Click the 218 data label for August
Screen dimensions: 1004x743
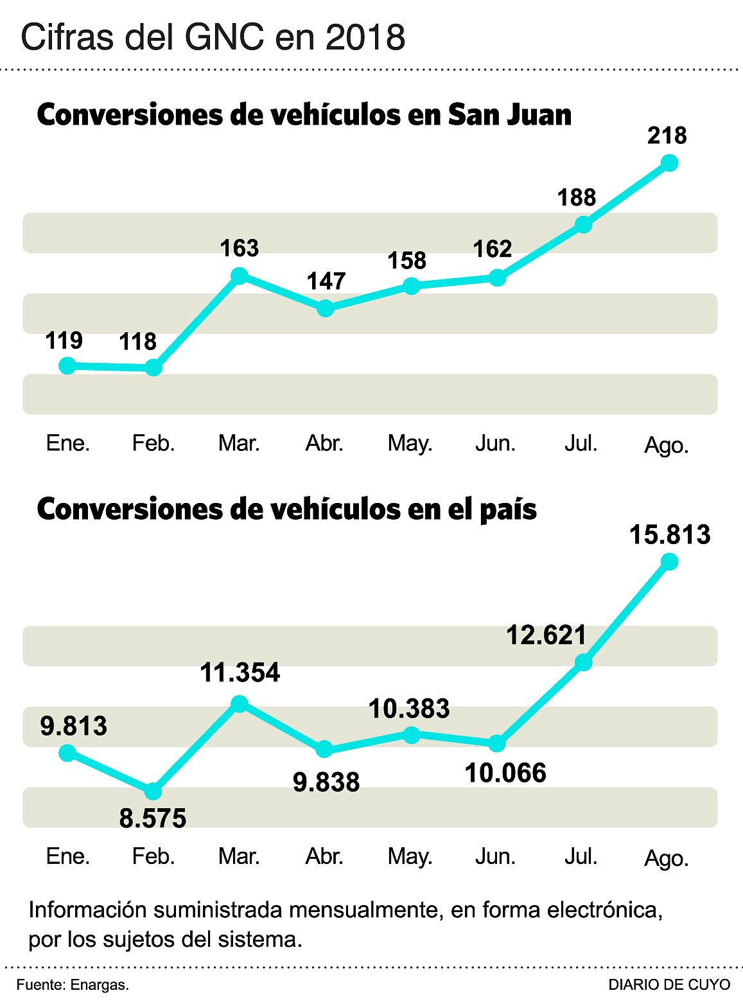tap(667, 136)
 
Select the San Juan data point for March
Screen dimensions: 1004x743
tap(239, 276)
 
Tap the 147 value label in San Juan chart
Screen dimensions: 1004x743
tap(326, 281)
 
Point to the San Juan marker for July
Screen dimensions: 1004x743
tap(583, 224)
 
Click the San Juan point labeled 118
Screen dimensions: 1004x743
tap(153, 367)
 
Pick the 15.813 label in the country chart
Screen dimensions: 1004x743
tap(669, 534)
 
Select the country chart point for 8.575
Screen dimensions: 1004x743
tap(153, 791)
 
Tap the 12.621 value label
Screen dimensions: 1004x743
tap(546, 635)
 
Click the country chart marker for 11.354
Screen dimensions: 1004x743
tap(239, 704)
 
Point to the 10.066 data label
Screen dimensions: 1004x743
tap(505, 773)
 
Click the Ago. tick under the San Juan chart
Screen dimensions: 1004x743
tap(667, 445)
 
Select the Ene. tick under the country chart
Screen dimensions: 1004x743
tap(68, 856)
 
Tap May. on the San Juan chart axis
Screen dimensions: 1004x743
tap(410, 443)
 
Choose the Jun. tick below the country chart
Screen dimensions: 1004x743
tap(496, 856)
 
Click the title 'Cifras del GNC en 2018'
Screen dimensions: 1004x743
tap(213, 37)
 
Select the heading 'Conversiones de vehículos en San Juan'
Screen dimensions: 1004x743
tap(304, 115)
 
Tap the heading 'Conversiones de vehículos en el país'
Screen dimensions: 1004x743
tap(287, 509)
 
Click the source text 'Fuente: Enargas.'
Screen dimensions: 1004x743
tap(73, 985)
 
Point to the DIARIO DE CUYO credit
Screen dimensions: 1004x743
tap(669, 985)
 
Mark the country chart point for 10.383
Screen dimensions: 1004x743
tap(411, 735)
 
